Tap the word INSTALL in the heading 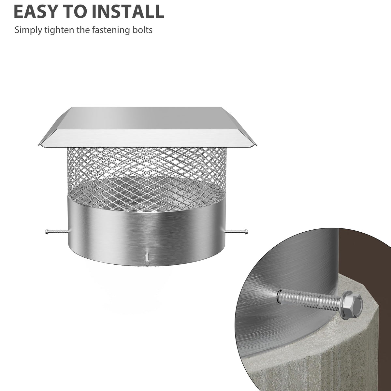tap(128, 11)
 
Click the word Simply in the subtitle tap(28, 30)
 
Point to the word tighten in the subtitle tap(59, 30)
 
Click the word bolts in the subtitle tap(142, 30)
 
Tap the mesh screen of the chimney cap tap(147, 175)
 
